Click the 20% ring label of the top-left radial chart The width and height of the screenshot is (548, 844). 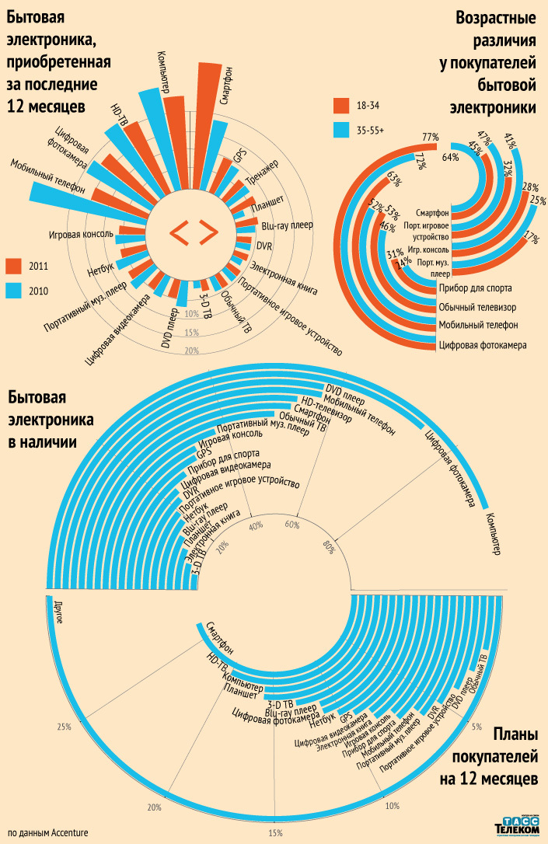coord(192,351)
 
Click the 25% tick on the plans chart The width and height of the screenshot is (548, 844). coord(64,727)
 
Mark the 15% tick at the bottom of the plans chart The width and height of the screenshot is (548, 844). coord(275,833)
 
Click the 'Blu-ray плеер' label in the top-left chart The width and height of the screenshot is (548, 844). coord(287,226)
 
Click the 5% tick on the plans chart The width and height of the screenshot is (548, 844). coord(476,726)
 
